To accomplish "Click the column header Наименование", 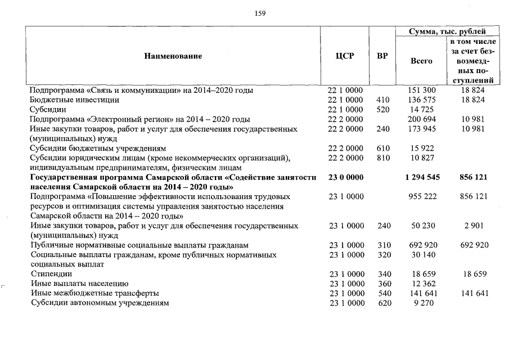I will pos(173,56).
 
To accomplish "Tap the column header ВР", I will pos(382,56).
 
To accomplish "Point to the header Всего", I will pos(421,61).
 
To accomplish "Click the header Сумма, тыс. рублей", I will pos(448,31).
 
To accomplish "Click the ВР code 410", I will pos(382,100).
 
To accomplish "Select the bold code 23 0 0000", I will pos(345,177).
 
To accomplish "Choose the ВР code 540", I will pos(382,293).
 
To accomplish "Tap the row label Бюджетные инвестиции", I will pos(74,100).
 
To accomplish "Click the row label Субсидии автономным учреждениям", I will pos(100,303).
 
